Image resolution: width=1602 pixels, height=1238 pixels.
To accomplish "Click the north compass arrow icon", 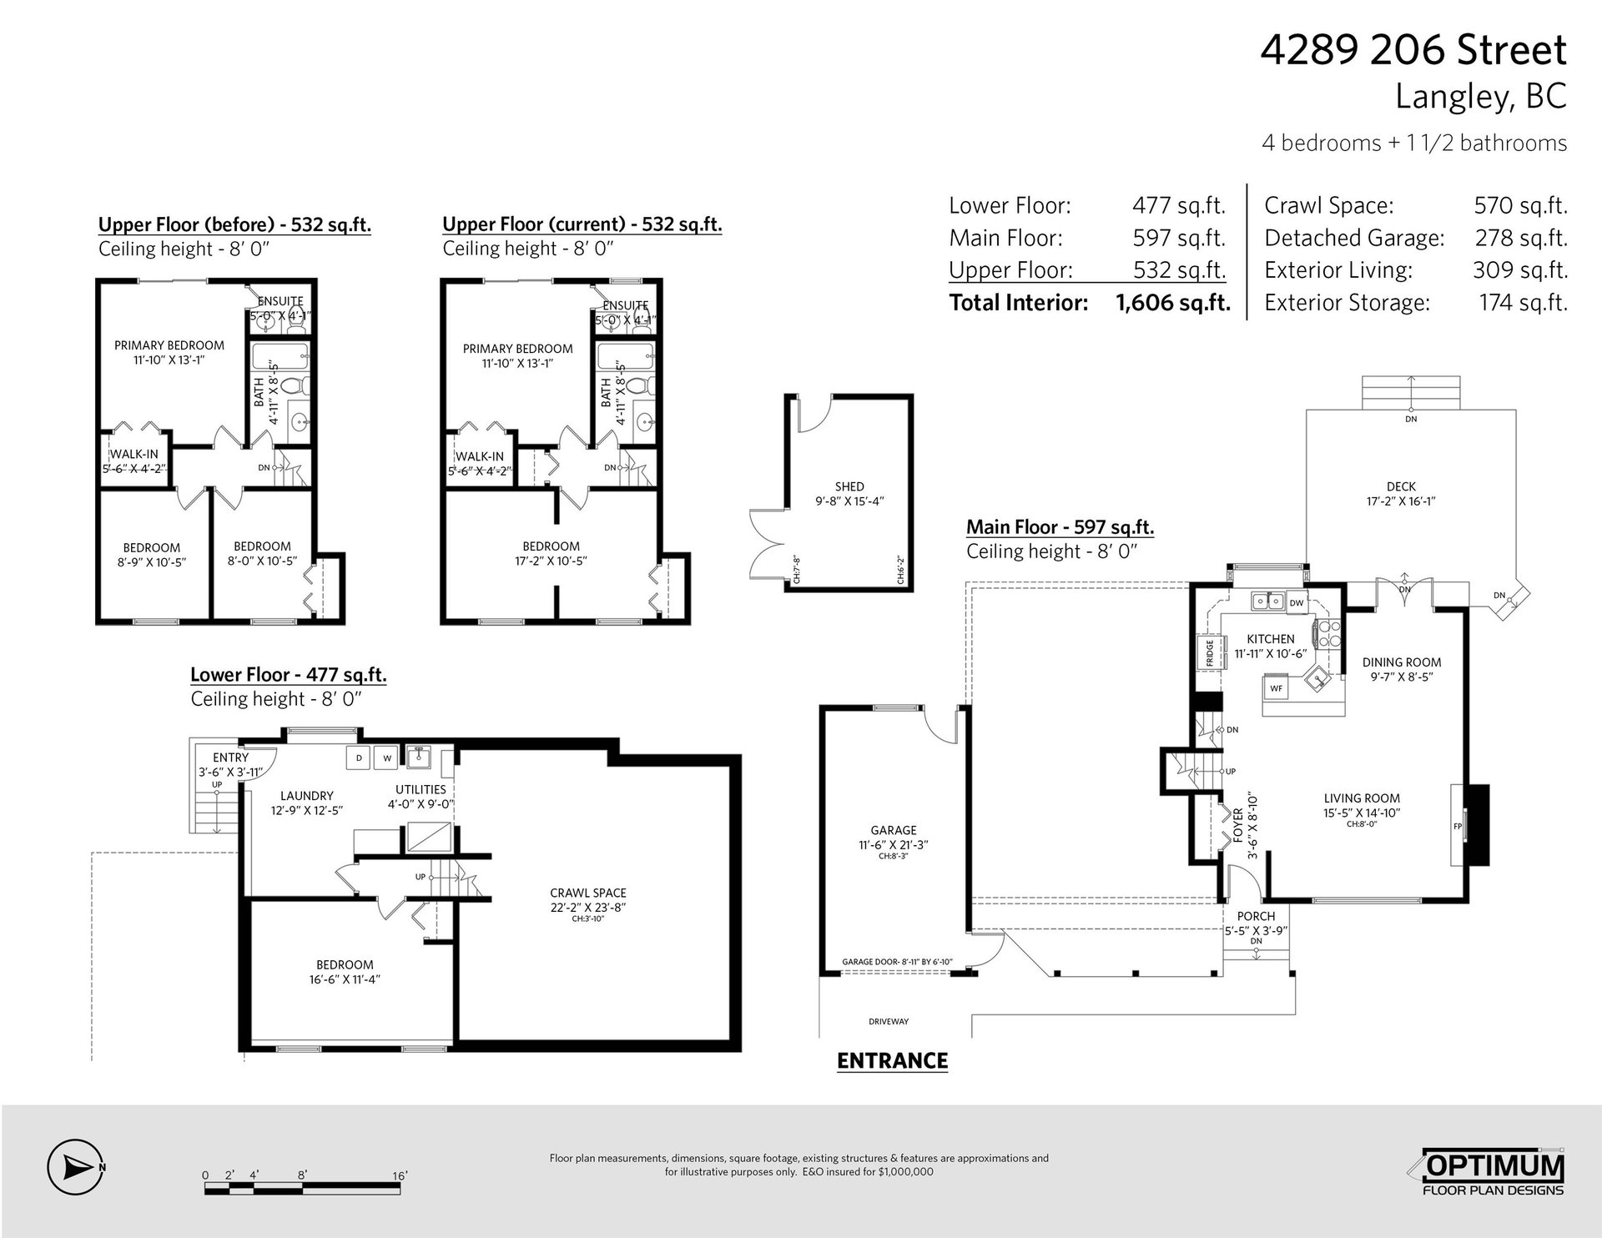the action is pyautogui.click(x=76, y=1166).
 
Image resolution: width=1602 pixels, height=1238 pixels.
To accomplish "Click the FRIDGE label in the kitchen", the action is pyautogui.click(x=1209, y=653).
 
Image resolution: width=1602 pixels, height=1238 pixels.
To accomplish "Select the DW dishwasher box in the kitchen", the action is pyautogui.click(x=1296, y=602).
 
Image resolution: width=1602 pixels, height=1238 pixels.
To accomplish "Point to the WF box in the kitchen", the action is pyautogui.click(x=1276, y=688).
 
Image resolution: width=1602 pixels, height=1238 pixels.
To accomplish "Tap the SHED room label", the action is pyautogui.click(x=849, y=486).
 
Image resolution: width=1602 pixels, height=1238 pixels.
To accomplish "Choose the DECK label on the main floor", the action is pyautogui.click(x=1401, y=486).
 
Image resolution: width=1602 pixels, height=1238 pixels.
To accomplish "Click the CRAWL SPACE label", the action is pyautogui.click(x=588, y=893).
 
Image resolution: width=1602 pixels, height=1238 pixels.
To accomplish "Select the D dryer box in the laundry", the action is pyautogui.click(x=360, y=757).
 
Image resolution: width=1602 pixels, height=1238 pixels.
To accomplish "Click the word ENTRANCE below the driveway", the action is pyautogui.click(x=892, y=1060).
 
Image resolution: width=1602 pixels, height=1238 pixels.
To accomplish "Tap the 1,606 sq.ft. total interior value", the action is pyautogui.click(x=1173, y=302).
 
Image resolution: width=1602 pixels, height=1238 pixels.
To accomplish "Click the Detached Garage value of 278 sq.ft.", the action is pyautogui.click(x=1521, y=238).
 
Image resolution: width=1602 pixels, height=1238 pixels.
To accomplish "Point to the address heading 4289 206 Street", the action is pyautogui.click(x=1413, y=50).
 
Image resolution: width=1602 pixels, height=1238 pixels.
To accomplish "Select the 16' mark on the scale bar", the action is pyautogui.click(x=400, y=1176).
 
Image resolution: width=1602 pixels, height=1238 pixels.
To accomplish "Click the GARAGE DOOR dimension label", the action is pyautogui.click(x=897, y=961).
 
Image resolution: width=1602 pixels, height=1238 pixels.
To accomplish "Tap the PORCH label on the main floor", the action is pyautogui.click(x=1257, y=916).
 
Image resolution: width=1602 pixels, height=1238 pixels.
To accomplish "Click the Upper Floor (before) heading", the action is pyautogui.click(x=234, y=224).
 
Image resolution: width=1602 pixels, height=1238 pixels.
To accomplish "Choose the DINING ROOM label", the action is pyautogui.click(x=1402, y=662).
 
